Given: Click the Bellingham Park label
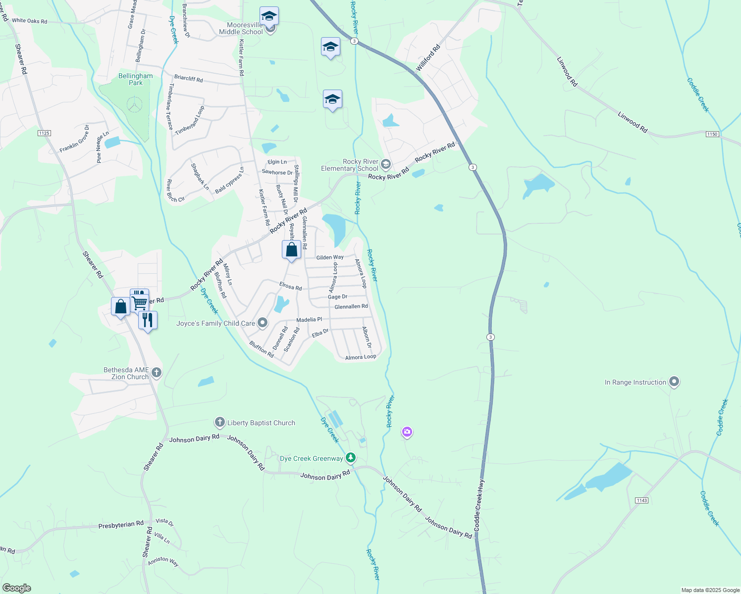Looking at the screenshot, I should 135,79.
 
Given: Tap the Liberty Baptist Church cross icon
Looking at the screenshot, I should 220,423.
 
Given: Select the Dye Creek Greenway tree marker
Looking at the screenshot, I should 351,458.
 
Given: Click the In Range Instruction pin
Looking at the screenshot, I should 674,382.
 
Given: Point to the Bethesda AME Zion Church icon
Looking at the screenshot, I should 157,373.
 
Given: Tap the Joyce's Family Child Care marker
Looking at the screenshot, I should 263,323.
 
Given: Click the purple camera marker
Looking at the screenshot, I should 407,432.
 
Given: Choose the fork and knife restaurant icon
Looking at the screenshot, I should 148,320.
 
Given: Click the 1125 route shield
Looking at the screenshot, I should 44,133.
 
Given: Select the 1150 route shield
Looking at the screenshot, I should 712,134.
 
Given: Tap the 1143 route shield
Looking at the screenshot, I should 641,500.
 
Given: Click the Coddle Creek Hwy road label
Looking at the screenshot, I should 479,505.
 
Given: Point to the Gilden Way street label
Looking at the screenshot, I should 330,257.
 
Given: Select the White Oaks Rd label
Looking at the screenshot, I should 29,21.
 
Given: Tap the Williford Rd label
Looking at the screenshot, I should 428,58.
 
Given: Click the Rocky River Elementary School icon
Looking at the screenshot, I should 385,164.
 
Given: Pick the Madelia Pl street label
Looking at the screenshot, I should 309,320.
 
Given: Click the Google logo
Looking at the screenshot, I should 16,588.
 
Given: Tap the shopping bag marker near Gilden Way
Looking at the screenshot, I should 291,249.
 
